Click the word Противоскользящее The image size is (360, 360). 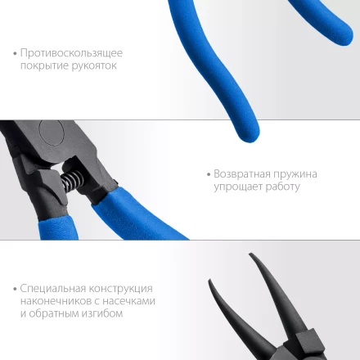pos(72,53)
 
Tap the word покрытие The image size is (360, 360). pos(43,66)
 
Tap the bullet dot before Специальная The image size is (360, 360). pos(15,290)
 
